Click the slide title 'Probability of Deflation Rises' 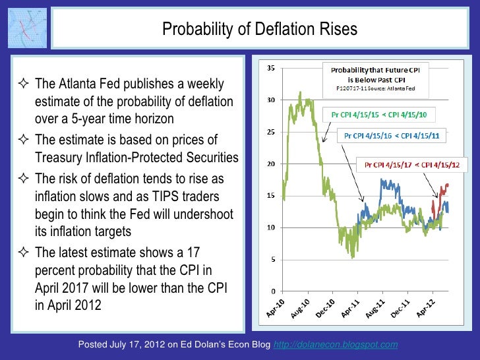coord(259,30)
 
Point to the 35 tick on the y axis coord(270,69)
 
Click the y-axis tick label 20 coord(270,164)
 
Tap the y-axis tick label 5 coord(272,259)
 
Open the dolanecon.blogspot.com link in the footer coord(335,345)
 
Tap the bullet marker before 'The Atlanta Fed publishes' coord(25,84)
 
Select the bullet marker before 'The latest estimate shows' coord(25,253)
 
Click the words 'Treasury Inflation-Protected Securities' coord(136,157)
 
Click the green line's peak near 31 coord(300,93)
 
